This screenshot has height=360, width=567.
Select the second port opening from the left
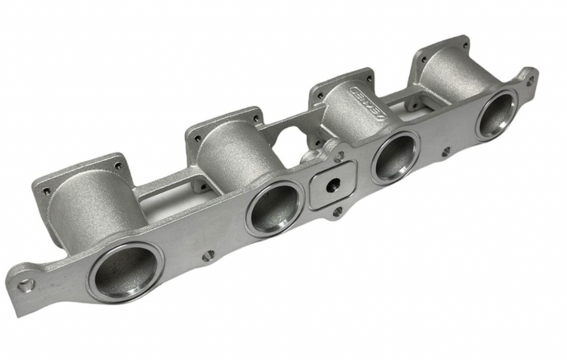coord(275,209)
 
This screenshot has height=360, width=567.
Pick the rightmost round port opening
coord(496,114)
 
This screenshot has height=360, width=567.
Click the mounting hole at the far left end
coord(26,284)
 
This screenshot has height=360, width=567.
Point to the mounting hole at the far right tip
coord(530,80)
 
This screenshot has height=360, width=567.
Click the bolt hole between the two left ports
coord(208,255)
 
